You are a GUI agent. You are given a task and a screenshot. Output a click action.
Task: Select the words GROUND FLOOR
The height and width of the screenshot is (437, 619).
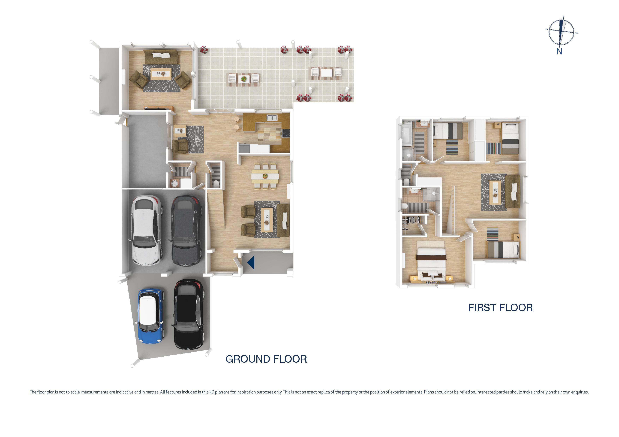click(266, 359)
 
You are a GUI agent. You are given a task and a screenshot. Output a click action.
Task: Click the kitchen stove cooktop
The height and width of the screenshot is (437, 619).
click(286, 133)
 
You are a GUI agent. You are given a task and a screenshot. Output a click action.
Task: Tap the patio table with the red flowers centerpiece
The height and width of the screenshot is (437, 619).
click(244, 79)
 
